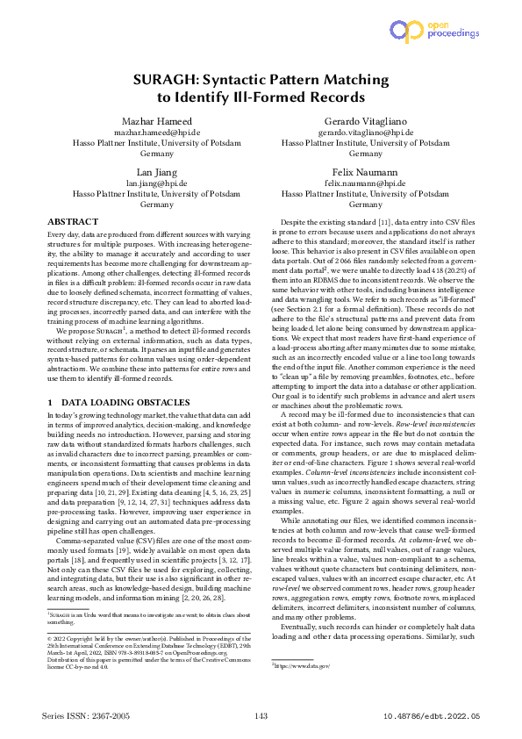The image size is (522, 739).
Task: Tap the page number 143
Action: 261,717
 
